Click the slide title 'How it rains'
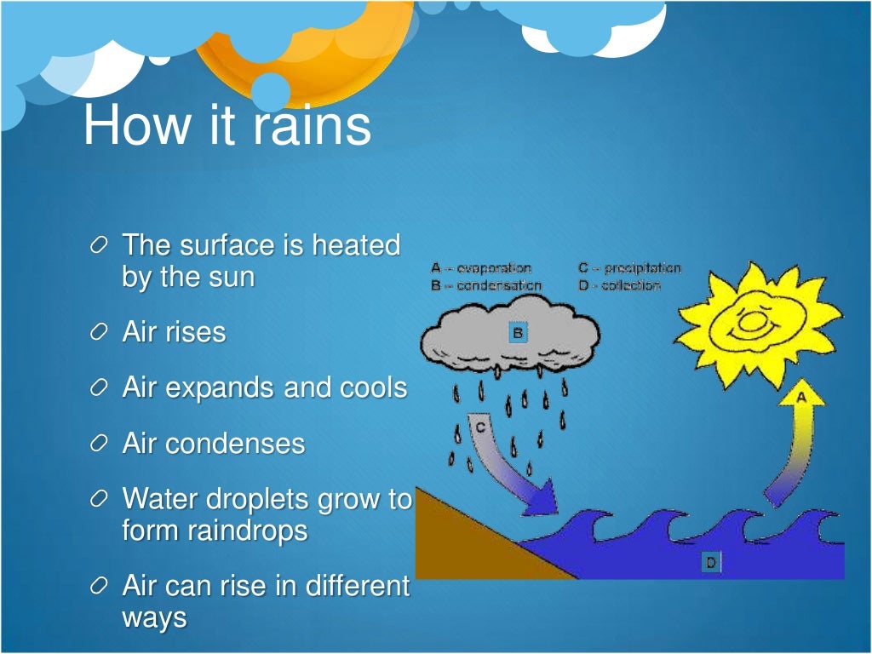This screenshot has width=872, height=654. [x=227, y=125]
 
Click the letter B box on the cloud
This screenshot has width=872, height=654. [x=517, y=332]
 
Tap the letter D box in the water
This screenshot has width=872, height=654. [x=710, y=561]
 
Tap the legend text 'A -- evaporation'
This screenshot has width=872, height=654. [x=481, y=267]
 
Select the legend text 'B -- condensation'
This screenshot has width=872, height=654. [x=486, y=285]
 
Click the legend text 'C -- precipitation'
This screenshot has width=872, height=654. [x=629, y=267]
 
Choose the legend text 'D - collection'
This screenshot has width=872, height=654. [x=619, y=285]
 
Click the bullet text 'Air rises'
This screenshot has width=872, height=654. [x=175, y=332]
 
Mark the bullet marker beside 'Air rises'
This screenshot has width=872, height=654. [x=100, y=333]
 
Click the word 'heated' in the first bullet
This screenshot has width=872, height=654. [x=355, y=245]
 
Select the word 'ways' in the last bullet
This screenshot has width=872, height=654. [x=154, y=617]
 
